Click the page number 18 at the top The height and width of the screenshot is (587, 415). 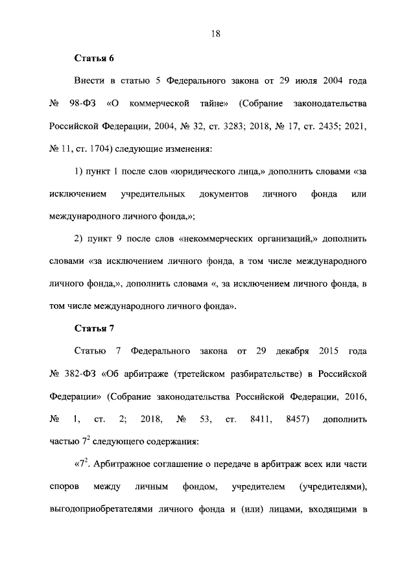click(x=215, y=34)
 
